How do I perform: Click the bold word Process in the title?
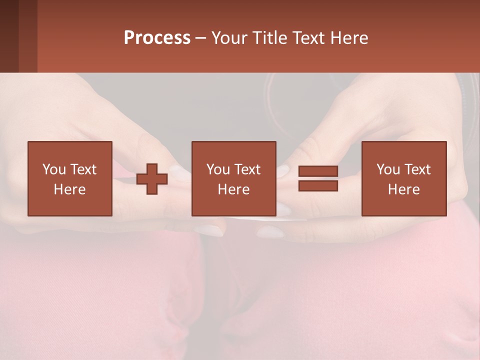coord(157,38)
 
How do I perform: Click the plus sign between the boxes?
coord(152,179)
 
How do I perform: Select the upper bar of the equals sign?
coord(318,171)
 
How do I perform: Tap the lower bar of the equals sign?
coord(318,186)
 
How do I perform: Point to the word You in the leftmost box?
coord(53,169)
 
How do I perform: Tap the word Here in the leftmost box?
coord(70,189)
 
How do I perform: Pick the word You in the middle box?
coord(217,169)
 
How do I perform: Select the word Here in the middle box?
coord(234,189)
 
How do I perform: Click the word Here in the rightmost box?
coord(404,189)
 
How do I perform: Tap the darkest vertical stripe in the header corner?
coord(9,36)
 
